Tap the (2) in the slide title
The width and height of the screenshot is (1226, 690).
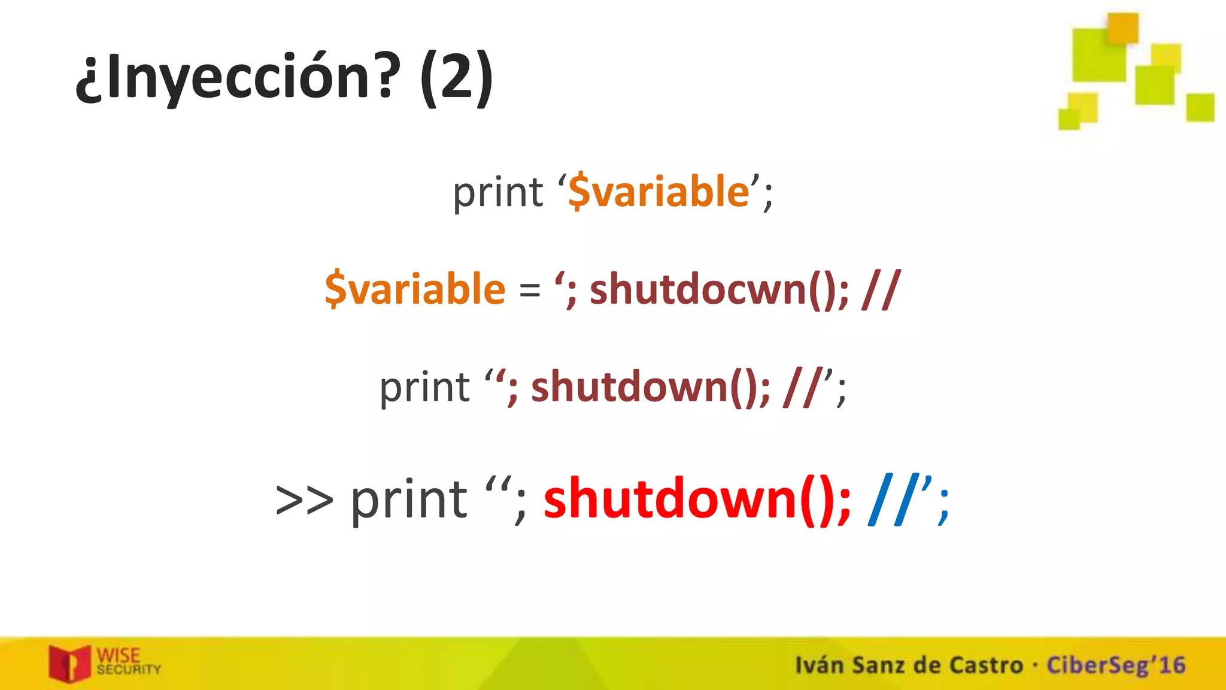point(456,78)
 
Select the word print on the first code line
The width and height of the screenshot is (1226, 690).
point(497,193)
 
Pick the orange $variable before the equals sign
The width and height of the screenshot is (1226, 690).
point(415,289)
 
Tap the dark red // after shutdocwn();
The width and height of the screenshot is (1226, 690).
point(881,289)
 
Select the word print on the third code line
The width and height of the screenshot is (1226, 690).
point(424,388)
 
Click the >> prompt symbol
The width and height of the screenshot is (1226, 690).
point(304,500)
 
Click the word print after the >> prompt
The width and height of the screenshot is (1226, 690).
point(409,501)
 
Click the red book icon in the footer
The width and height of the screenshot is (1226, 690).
point(69,664)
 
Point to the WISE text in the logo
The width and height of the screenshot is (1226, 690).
point(119,655)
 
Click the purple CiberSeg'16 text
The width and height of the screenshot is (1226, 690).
point(1115,665)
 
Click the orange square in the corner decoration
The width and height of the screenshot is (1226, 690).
point(1122,28)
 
